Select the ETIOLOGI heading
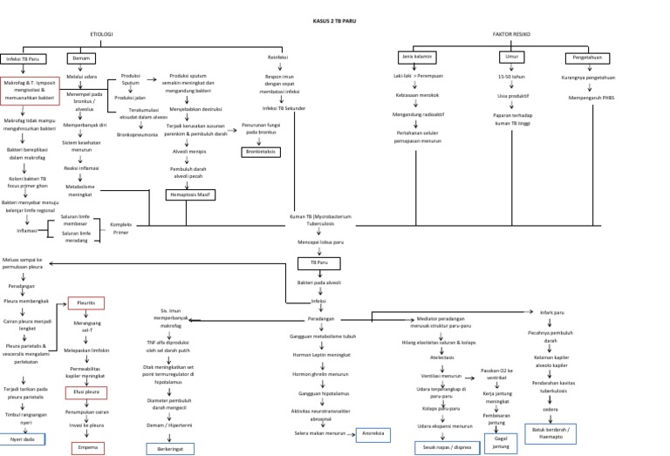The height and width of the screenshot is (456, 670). click(x=102, y=34)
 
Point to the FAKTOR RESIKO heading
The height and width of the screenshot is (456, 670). click(x=509, y=34)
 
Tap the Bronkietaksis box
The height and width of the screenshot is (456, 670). click(x=261, y=152)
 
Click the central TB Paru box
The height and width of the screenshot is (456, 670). click(x=319, y=262)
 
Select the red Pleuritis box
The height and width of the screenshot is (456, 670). click(x=86, y=303)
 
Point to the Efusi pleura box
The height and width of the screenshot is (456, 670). click(x=87, y=392)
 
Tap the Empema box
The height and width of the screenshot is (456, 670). click(x=87, y=447)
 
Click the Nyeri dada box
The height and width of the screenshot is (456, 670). click(x=22, y=439)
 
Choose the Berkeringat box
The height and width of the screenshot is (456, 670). click(x=171, y=448)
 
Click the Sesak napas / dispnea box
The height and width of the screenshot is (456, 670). click(x=445, y=447)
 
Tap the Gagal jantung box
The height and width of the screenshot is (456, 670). click(x=501, y=442)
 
